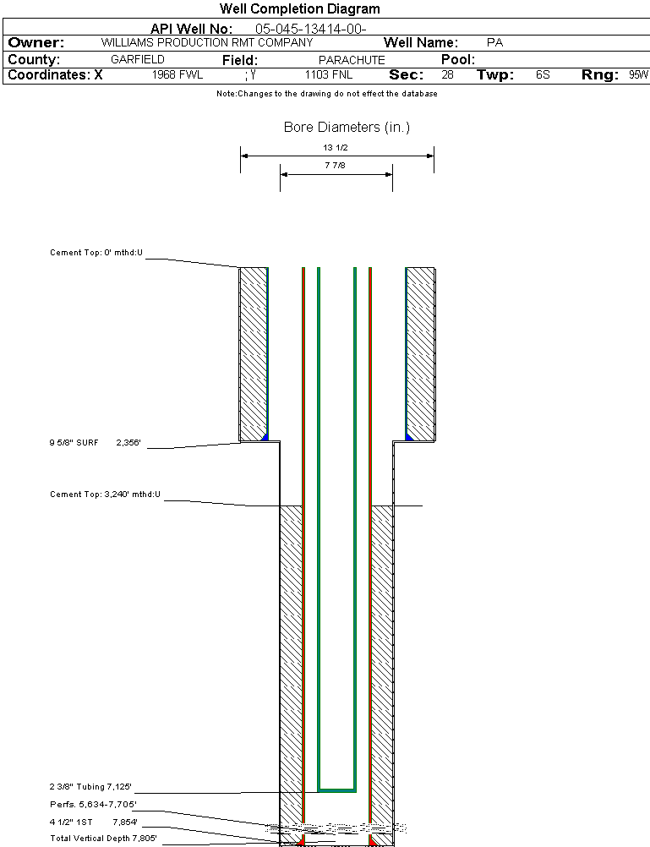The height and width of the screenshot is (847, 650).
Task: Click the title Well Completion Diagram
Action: (299, 9)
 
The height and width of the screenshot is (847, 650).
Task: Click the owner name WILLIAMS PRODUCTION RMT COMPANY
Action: (206, 42)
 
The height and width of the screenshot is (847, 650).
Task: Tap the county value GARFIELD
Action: (138, 60)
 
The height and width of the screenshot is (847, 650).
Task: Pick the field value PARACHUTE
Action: (352, 60)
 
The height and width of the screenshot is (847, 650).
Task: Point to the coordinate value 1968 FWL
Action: (178, 74)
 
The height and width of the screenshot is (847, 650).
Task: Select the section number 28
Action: (447, 74)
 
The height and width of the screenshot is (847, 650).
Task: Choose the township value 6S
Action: (543, 74)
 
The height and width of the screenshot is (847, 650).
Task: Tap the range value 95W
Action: (638, 74)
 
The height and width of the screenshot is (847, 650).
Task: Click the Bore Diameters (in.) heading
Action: (347, 128)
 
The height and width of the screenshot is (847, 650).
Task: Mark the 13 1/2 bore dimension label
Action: (336, 147)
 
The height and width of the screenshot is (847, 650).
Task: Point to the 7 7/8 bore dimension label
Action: (336, 167)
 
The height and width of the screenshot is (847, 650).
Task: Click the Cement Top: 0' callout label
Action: (96, 253)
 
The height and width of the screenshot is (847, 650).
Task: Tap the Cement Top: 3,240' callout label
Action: (105, 494)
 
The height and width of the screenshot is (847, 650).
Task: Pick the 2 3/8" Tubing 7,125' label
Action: (90, 786)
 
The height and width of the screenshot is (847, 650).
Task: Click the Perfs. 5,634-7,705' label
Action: (93, 804)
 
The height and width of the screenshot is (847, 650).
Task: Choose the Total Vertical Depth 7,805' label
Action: (103, 839)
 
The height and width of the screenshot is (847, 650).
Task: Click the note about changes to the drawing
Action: (327, 94)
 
